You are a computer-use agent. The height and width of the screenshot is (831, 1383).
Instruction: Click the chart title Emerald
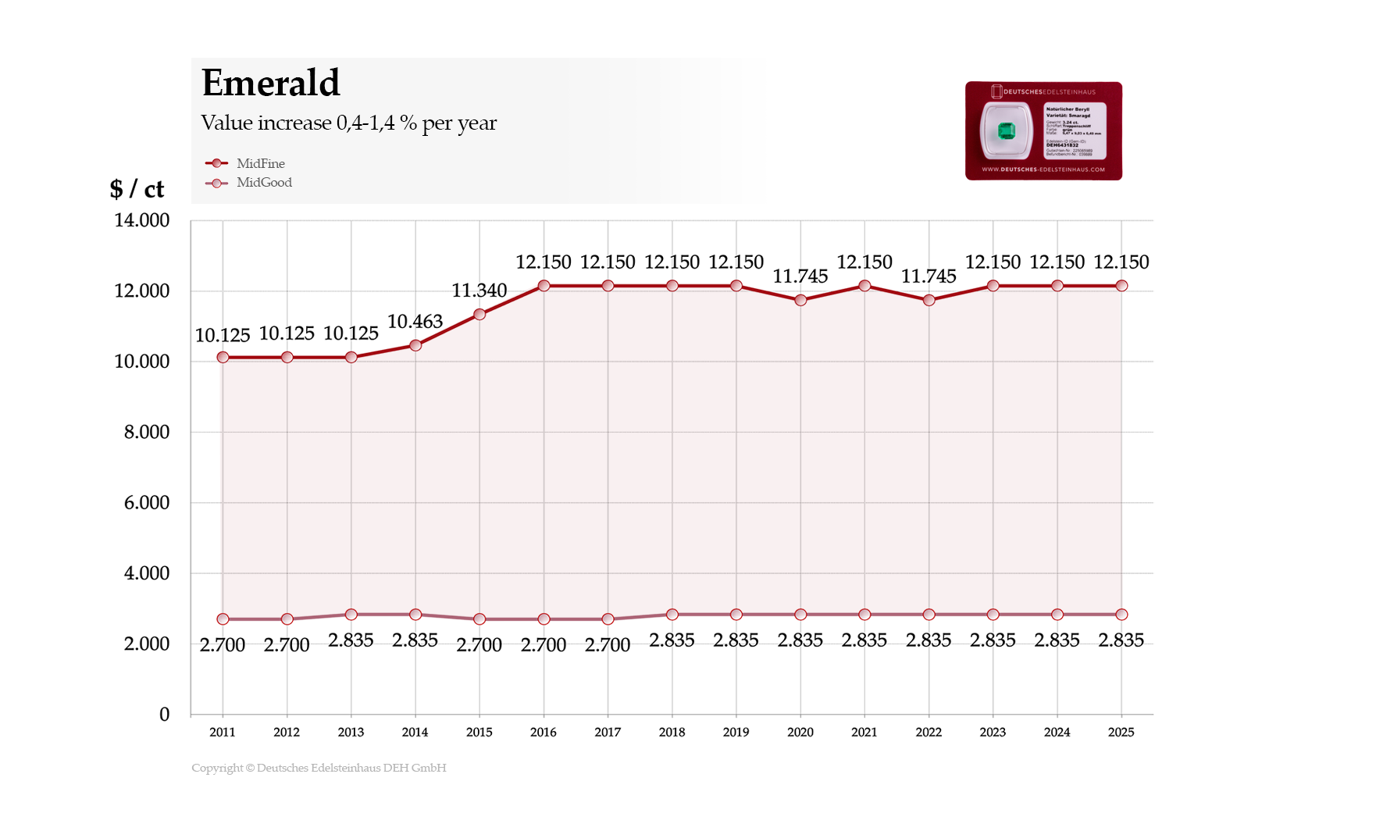[x=270, y=83]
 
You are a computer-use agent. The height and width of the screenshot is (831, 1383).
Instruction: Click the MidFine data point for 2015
[x=479, y=314]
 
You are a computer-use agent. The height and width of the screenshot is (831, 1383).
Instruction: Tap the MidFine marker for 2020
[x=800, y=300]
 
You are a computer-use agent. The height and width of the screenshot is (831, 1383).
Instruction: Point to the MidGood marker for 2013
[x=351, y=615]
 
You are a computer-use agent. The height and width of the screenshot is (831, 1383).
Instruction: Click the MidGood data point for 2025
[x=1121, y=615]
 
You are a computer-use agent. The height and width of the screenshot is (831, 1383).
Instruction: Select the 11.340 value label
[x=479, y=291]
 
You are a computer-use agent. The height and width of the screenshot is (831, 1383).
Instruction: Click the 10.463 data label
[x=415, y=321]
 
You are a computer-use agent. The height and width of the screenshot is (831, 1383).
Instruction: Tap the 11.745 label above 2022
[x=929, y=276]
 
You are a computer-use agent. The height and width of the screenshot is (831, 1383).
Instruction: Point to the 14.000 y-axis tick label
[x=141, y=220]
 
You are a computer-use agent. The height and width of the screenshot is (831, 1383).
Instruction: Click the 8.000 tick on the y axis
[x=146, y=432]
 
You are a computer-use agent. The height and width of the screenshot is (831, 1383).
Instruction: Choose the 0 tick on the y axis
[x=164, y=714]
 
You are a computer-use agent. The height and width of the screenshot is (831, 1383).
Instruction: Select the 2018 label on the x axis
[x=672, y=732]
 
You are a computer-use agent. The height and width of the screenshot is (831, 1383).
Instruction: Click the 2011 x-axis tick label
[x=223, y=732]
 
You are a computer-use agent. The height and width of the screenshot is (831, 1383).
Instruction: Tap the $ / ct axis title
[x=137, y=188]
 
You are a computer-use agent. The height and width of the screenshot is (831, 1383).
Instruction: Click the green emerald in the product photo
[x=1006, y=131]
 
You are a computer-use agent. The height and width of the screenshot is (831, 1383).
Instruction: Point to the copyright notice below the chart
[x=319, y=768]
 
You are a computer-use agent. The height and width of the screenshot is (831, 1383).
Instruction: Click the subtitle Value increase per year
[x=348, y=123]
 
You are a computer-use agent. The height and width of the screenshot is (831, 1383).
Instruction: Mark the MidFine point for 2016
[x=544, y=286]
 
